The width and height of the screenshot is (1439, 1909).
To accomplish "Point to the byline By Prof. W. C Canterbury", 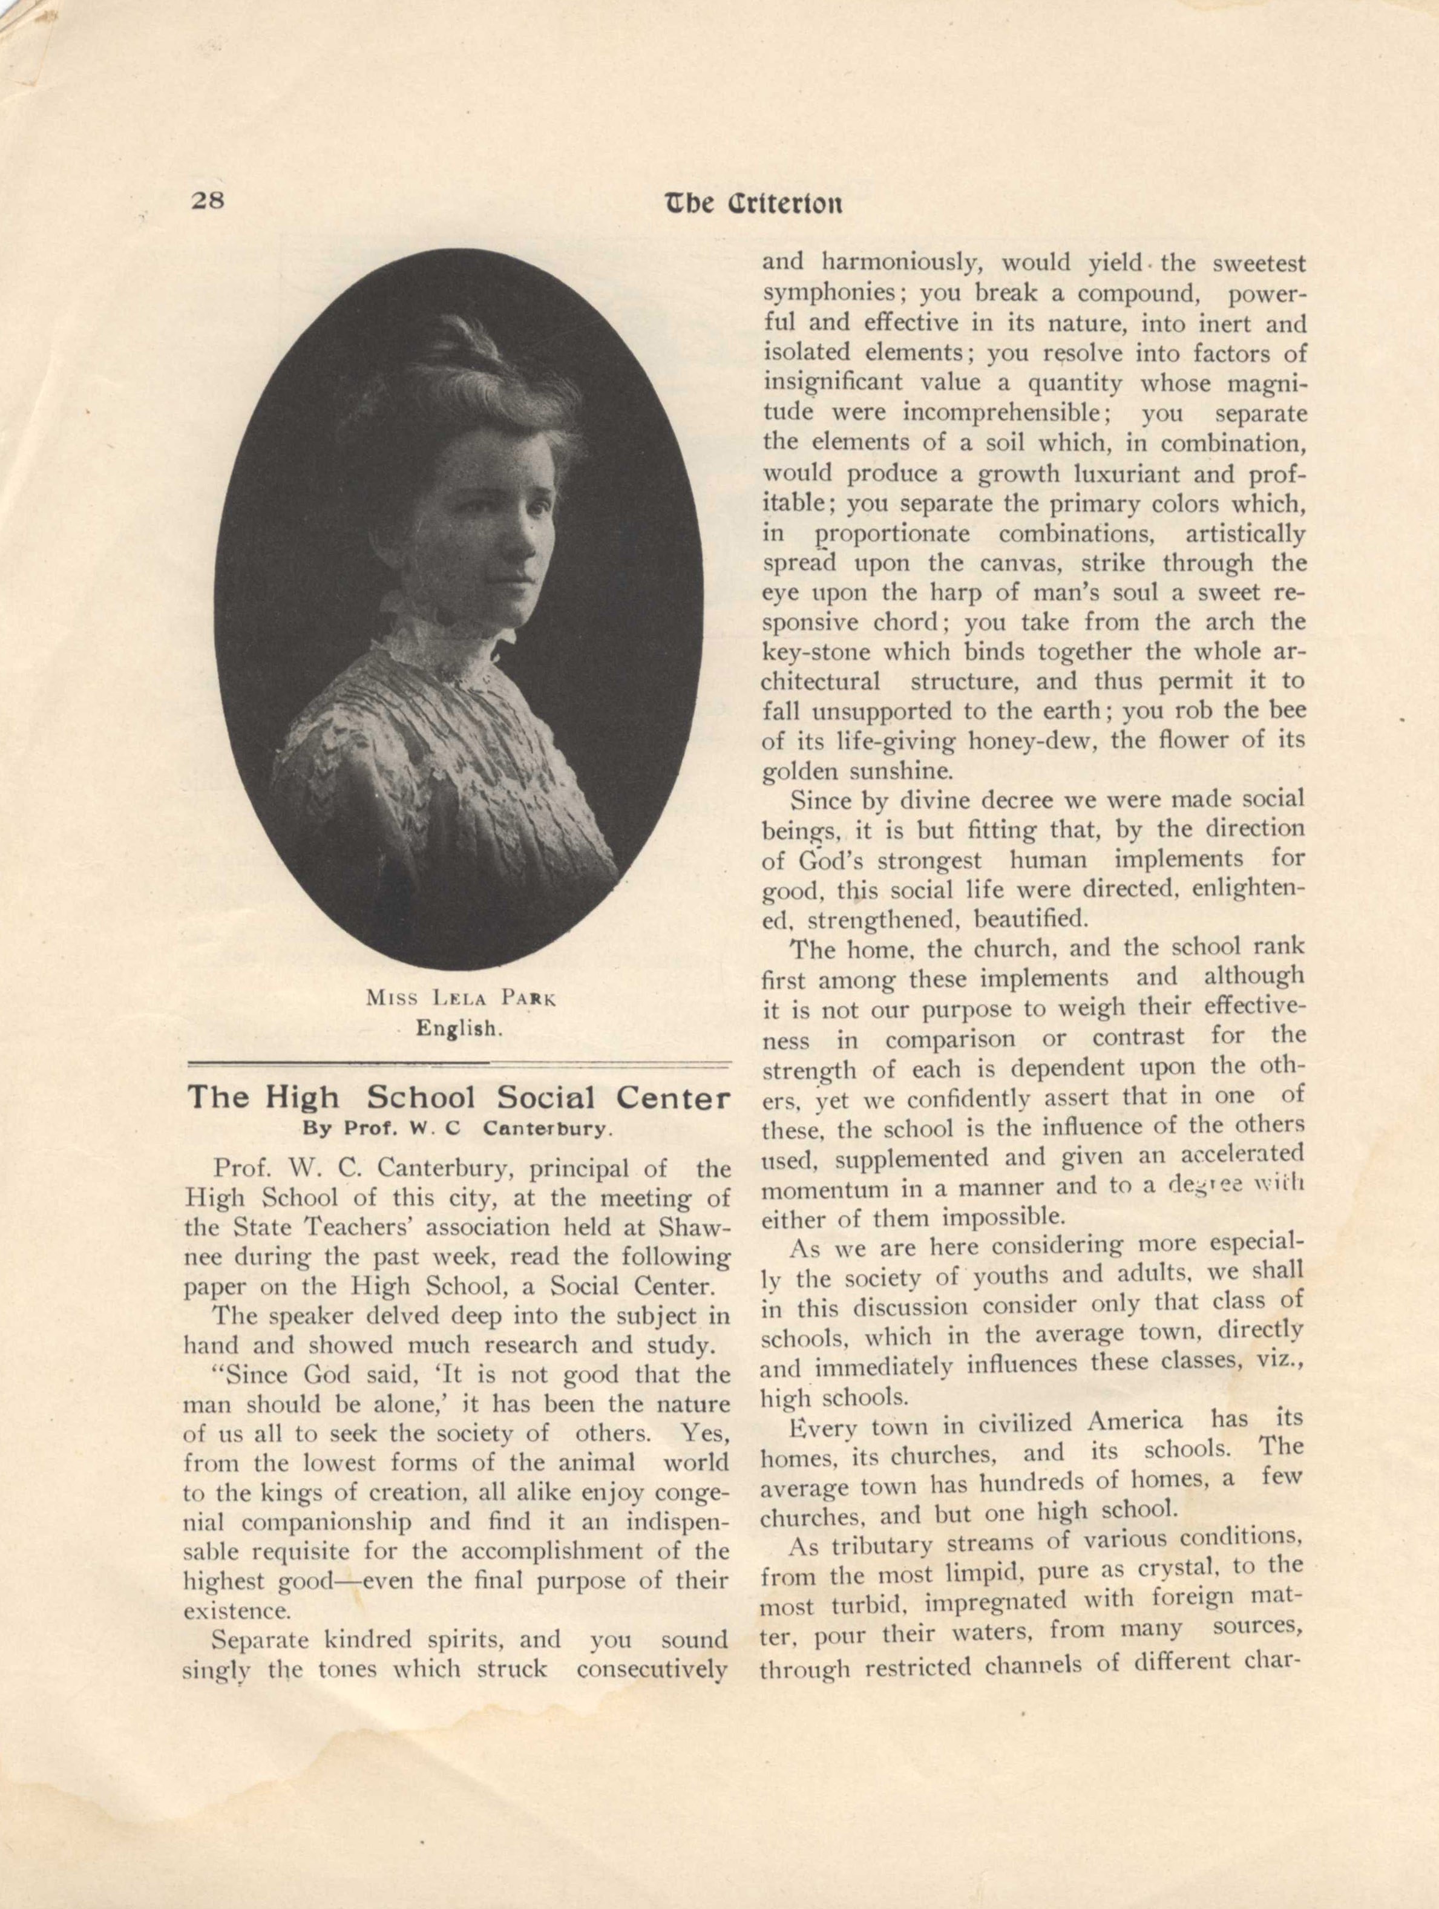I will (457, 1127).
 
